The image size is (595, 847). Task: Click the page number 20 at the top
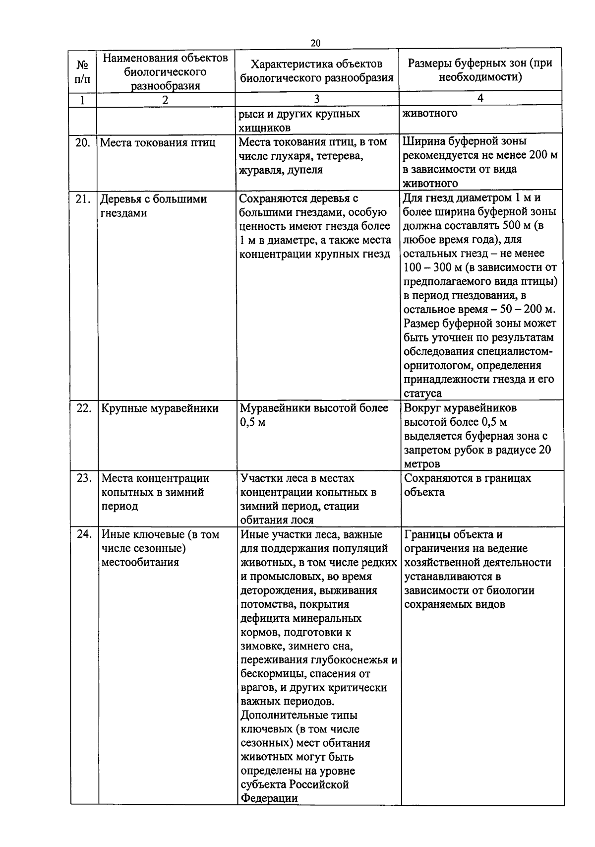tap(315, 43)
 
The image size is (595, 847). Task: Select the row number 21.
tap(83, 199)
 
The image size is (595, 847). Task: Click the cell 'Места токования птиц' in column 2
tap(158, 143)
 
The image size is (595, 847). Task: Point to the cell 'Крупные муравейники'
tap(160, 408)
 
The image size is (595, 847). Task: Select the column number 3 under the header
tap(316, 99)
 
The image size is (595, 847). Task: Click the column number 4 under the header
tap(479, 98)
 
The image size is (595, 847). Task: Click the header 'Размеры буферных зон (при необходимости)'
tap(479, 70)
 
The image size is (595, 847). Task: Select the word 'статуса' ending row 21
tap(422, 393)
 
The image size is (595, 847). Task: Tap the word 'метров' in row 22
tap(422, 464)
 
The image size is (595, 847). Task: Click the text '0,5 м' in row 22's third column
tap(253, 423)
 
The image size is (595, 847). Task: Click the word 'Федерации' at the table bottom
tap(269, 798)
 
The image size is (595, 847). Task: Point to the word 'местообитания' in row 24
tap(140, 563)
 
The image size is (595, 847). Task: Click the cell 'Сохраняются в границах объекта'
tap(467, 485)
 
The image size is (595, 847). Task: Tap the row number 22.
tap(84, 408)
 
